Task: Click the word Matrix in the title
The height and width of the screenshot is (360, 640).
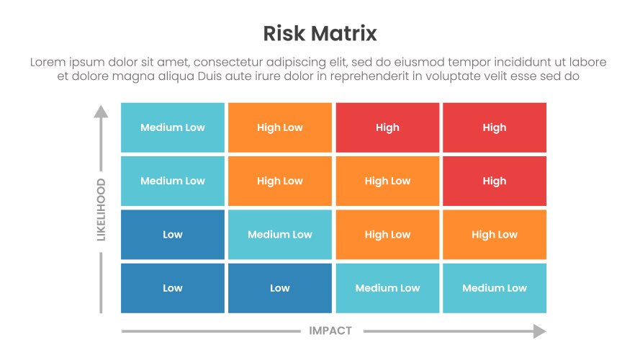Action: coord(347,33)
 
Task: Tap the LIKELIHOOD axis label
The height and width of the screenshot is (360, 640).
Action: coord(101,209)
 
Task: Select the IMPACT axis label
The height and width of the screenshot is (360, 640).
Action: coord(330,330)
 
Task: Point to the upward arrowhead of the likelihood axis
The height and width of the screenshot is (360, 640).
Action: coord(101,111)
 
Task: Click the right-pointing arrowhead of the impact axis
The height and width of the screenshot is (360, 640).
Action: coord(539,330)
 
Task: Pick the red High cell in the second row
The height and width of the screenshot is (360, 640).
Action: coord(495,181)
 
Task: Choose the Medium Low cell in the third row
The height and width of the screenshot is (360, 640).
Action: coord(280,234)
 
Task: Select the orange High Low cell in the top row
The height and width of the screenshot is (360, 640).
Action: coord(280,127)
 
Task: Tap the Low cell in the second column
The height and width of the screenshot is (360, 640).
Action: coord(280,288)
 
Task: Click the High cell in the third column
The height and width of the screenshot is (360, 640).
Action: coord(387,127)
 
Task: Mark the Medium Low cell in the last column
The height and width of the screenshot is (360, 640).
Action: coord(495,288)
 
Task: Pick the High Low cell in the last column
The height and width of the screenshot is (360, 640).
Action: coord(495,234)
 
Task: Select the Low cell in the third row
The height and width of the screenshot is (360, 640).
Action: coord(173,234)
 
